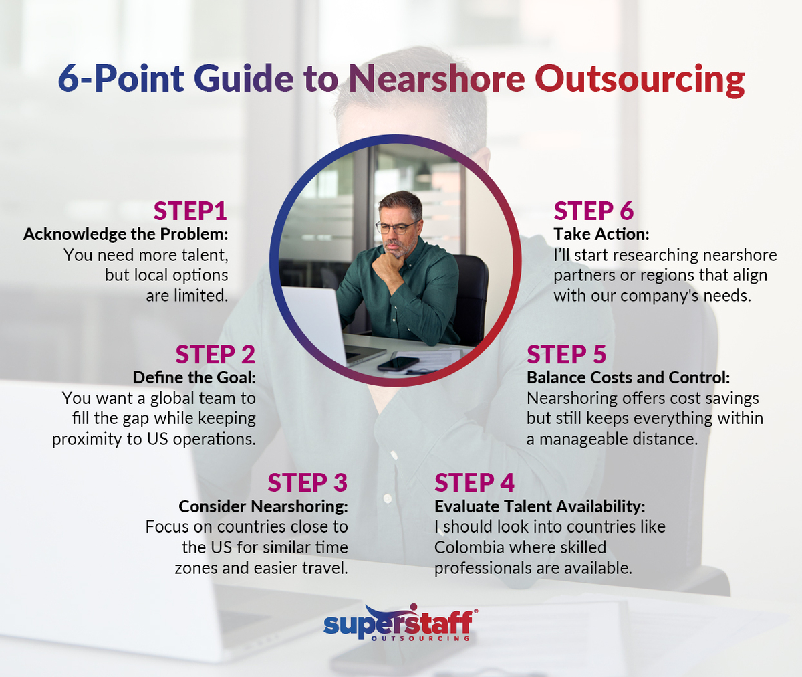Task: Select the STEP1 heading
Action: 190,211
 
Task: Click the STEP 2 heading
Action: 215,355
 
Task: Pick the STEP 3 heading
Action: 307,483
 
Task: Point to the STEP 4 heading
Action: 475,483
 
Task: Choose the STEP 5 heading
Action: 567,355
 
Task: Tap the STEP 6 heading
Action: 593,211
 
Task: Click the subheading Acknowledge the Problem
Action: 126,234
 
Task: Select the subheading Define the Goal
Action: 194,377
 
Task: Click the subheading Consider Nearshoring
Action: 263,506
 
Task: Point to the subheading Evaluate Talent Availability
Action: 539,506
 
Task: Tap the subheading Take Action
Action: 601,234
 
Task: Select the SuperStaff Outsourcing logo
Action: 400,623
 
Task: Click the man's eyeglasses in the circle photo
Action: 396,227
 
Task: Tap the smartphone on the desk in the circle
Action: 398,363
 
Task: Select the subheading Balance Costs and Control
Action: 628,377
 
